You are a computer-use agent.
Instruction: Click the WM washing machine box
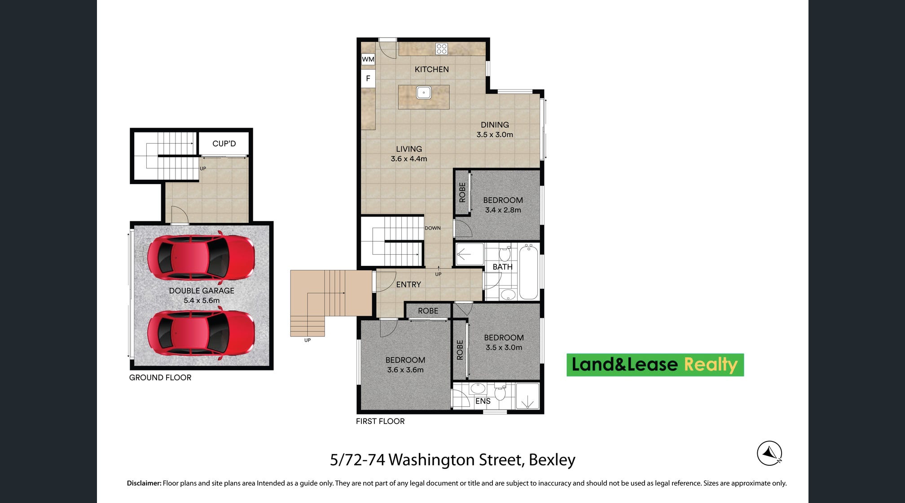tap(368, 59)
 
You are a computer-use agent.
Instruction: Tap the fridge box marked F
tap(368, 79)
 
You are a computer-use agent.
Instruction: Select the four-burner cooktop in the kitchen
tap(442, 49)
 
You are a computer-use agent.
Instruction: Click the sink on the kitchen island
tap(424, 93)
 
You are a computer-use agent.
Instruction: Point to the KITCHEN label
tap(431, 69)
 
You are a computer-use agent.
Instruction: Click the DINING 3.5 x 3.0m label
tap(495, 129)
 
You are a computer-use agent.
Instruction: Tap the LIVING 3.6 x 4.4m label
tap(409, 154)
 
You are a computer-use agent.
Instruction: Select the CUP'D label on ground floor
tap(224, 144)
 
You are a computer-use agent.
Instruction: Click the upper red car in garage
tap(201, 257)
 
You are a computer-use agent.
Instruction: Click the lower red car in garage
tap(201, 333)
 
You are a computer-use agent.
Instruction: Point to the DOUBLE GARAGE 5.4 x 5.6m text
tap(202, 296)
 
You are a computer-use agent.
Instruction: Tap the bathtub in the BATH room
tap(529, 272)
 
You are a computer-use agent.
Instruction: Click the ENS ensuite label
tap(483, 401)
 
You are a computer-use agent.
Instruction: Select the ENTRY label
tap(409, 285)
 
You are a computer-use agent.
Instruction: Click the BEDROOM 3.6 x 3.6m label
tap(405, 365)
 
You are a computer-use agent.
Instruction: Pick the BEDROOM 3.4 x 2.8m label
tap(503, 205)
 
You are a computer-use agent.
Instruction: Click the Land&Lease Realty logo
tap(655, 365)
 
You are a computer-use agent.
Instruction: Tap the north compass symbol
tap(769, 453)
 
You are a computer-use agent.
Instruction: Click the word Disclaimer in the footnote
tap(144, 483)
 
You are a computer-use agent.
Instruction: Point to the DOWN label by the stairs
tap(433, 228)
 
